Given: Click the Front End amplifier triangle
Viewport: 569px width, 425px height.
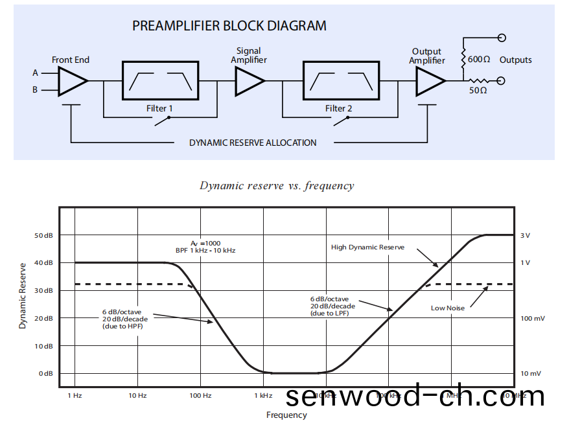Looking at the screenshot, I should [71, 82].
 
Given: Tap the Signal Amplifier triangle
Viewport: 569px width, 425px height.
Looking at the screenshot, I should [249, 82].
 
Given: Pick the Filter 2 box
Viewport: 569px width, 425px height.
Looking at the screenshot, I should [341, 81].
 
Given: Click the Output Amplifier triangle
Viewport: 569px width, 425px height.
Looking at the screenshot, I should [430, 82].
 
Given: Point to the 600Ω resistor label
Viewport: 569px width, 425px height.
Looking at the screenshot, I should [478, 60].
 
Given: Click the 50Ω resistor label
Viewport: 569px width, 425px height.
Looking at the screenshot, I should [478, 91].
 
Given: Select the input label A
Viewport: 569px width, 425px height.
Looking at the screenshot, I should [36, 73].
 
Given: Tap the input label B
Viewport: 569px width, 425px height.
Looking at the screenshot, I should [36, 90].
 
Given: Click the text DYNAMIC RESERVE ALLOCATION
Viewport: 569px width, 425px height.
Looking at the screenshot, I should [253, 143].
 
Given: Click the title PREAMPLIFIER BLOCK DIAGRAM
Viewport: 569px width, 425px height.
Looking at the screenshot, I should [229, 27].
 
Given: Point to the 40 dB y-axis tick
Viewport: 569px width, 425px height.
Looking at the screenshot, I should [43, 263].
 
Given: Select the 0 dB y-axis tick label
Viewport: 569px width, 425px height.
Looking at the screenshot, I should [45, 374].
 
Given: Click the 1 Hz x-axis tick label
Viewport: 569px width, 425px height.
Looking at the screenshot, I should [75, 395].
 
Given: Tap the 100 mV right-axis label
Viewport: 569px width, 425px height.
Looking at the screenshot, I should [533, 319].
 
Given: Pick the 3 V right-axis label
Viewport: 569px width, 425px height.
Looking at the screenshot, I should [525, 236].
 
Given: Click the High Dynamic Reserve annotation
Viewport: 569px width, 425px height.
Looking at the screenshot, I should [367, 247].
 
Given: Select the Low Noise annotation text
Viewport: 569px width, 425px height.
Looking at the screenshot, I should [448, 308].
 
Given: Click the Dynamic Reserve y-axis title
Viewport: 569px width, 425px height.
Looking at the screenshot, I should [23, 295].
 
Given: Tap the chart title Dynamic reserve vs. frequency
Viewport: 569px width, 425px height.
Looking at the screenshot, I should [277, 186].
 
